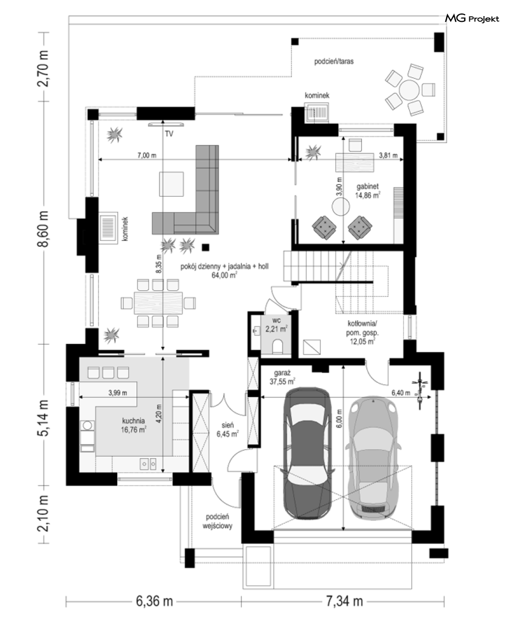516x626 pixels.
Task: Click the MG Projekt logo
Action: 472,19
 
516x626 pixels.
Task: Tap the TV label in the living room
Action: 169,134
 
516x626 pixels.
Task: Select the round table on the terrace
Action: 409,90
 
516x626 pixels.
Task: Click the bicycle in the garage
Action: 420,391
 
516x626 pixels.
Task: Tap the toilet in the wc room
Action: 277,346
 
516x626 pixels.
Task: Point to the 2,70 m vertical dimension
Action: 44,68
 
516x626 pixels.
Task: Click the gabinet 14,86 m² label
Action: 368,191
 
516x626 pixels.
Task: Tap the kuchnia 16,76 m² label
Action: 133,425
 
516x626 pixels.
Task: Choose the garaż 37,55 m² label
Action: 282,377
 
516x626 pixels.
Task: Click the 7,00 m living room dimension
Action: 147,155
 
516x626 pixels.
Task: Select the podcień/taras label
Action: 334,62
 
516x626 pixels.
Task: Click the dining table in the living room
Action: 158,303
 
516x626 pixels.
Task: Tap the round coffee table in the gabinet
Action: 341,206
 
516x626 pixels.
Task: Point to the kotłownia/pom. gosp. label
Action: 362,333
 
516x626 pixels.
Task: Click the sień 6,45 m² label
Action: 227,429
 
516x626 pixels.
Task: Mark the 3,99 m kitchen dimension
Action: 118,393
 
